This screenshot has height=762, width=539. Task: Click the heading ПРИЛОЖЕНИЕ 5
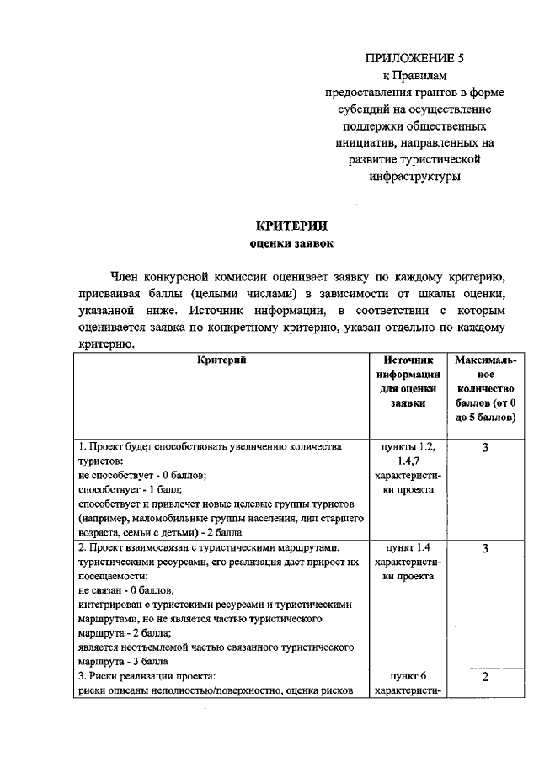(414, 58)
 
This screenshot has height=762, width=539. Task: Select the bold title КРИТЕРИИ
(291, 226)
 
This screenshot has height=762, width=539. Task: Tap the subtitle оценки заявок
(291, 244)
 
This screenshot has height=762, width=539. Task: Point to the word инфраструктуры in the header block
(414, 178)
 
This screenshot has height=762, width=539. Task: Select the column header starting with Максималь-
(485, 360)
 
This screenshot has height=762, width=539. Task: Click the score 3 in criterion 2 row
(486, 549)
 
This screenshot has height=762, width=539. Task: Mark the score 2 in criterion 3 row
(486, 679)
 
